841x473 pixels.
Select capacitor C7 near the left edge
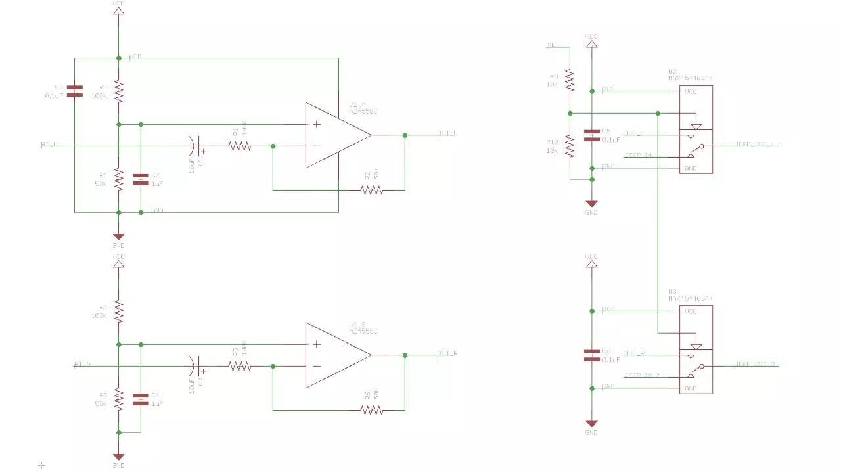point(75,91)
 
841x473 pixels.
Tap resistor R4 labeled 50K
point(118,179)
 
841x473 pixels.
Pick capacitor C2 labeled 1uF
point(141,179)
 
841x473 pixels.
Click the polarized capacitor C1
point(196,146)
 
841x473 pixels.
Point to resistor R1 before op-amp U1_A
point(240,146)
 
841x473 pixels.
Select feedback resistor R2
point(371,190)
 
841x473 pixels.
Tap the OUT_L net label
point(447,133)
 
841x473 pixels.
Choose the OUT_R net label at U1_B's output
point(447,353)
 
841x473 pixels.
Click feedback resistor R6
point(371,410)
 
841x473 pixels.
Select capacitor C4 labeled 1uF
point(141,399)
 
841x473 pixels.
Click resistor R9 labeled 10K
point(570,80)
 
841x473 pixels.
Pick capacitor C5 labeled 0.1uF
point(592,135)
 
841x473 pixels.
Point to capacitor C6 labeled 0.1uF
point(592,355)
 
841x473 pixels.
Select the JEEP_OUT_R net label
point(756,363)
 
